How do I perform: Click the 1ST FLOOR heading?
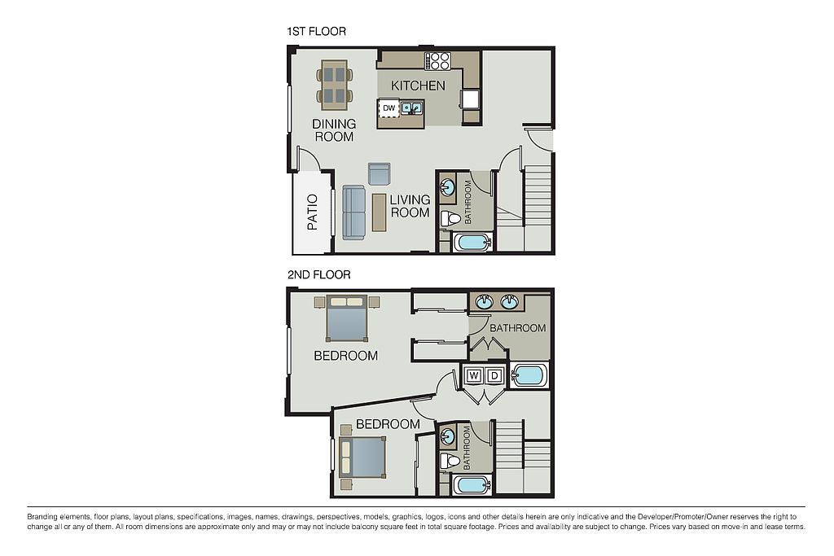[317, 32]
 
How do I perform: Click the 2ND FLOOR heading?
[319, 275]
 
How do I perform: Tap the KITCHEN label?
[418, 85]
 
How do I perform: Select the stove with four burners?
[437, 60]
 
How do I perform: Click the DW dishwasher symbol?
[389, 108]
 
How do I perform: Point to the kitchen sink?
[411, 108]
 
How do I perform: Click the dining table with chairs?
[335, 85]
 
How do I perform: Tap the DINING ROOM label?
[334, 130]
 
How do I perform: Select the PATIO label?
[313, 212]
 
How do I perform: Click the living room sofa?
[353, 212]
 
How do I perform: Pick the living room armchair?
[380, 174]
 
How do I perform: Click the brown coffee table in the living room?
[380, 212]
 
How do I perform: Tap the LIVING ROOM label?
[410, 206]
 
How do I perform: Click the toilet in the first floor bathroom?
[450, 218]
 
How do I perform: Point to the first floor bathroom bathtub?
[472, 243]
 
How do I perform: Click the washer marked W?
[474, 376]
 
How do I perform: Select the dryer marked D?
[494, 376]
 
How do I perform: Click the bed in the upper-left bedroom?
[347, 317]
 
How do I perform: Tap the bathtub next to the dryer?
[529, 375]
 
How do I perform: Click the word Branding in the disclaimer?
[42, 517]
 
